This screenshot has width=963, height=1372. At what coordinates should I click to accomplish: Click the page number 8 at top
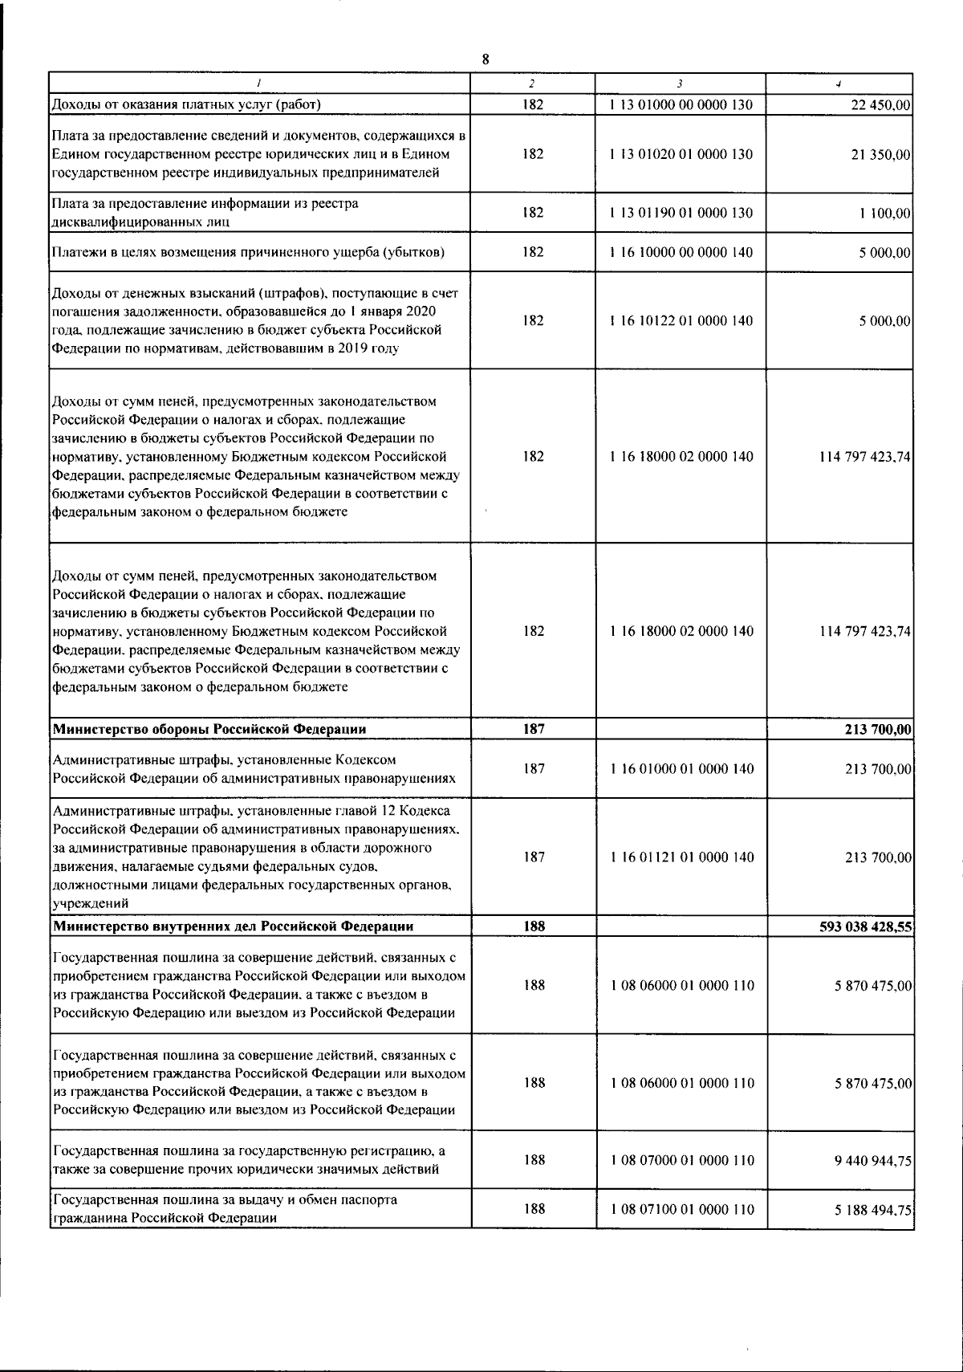485,59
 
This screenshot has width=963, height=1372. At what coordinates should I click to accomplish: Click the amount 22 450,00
879,105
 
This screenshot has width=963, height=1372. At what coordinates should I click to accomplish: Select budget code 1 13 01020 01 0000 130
681,154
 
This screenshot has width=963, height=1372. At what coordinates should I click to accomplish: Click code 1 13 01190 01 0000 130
681,213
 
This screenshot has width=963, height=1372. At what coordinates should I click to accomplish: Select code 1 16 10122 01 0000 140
681,321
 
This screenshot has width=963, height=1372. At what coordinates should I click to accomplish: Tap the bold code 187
534,729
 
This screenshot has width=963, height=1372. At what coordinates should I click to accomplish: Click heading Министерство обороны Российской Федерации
209,729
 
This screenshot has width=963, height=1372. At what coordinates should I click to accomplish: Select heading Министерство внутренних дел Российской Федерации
233,926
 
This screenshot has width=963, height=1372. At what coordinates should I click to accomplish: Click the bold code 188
534,926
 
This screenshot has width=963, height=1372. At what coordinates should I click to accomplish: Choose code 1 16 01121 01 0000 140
681,857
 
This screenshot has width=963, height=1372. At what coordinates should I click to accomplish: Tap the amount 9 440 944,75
872,1161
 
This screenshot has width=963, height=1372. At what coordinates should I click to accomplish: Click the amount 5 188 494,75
872,1210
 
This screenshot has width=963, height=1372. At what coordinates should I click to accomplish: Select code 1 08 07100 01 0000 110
681,1209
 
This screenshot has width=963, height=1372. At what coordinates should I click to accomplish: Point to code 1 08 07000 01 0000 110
681,1160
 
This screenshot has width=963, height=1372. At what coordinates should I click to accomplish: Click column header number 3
680,83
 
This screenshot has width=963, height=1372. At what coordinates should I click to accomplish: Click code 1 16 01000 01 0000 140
681,769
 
